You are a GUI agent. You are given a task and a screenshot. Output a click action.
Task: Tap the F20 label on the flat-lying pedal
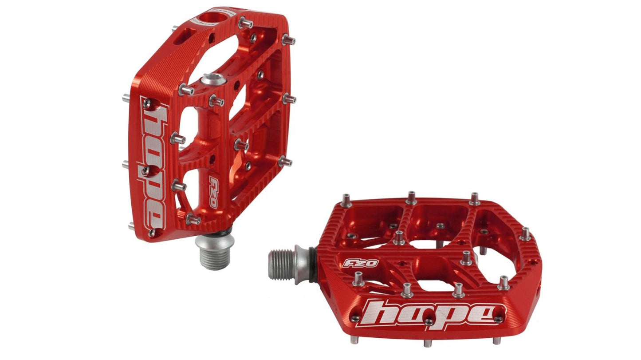(361, 263)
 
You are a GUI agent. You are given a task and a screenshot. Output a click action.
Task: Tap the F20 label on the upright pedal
(213, 192)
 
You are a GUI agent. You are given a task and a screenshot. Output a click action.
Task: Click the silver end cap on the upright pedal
(213, 79)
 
